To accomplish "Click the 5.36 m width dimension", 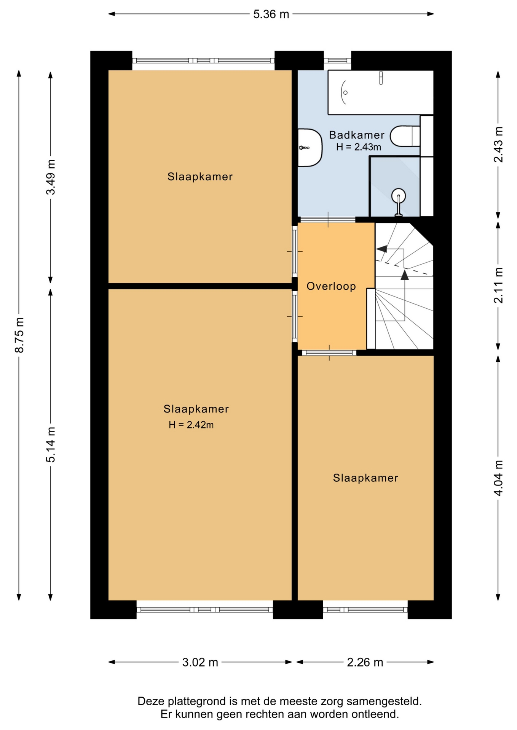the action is tap(271, 14).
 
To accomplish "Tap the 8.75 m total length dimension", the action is tap(19, 335).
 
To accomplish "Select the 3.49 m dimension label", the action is tap(51, 177).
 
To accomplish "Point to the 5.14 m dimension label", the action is tap(51, 444).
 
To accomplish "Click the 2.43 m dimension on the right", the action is tap(498, 144).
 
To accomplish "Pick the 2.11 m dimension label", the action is tap(498, 286).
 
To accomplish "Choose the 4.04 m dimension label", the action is tap(498, 478).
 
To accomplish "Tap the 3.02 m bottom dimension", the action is tap(200, 662).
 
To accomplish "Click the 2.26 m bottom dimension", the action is tap(365, 662).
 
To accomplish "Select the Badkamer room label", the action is tap(357, 135).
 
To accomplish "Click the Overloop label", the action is tap(331, 286).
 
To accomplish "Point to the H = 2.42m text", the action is tap(191, 425).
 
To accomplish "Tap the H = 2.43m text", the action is tap(359, 147).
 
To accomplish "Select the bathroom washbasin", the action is tap(310, 148).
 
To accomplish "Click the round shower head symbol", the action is tap(399, 196).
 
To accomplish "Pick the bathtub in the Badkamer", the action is tap(381, 92).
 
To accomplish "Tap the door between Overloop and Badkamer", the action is tap(328, 219).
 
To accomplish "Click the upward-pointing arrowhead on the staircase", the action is tap(405, 275).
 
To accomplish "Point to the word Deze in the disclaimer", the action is tap(151, 701).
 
